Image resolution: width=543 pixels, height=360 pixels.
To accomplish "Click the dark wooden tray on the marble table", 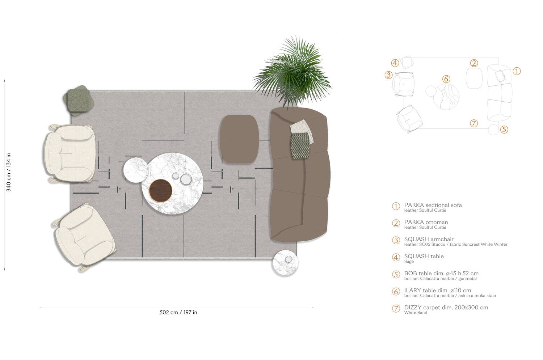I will click(x=160, y=190).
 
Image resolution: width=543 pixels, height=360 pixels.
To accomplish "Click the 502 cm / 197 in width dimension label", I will click(x=178, y=313).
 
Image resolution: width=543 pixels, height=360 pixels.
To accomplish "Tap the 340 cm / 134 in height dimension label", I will click(x=9, y=172).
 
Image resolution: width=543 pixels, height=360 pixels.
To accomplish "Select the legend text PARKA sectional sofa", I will click(x=433, y=205).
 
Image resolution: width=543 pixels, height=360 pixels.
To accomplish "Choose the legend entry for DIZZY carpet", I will click(x=446, y=308).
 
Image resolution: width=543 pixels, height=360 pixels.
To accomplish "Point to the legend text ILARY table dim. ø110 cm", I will click(x=438, y=291).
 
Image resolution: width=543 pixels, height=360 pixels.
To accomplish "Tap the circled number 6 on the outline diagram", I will click(x=446, y=79).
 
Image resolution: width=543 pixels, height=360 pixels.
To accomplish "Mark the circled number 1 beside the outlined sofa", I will click(x=517, y=71).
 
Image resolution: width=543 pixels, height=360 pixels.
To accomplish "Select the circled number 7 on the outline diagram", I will click(x=474, y=123).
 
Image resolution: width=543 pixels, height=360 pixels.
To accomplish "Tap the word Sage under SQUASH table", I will click(x=409, y=262).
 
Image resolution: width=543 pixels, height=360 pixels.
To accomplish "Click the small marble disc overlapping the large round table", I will click(x=135, y=169).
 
